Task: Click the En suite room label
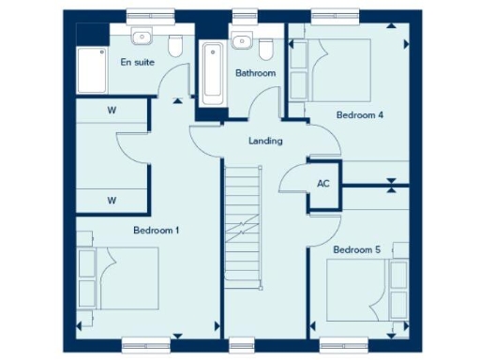pos(138,62)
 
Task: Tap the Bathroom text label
pos(255,72)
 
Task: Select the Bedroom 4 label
pos(360,115)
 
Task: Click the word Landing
pos(265,142)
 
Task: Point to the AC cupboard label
pos(324,184)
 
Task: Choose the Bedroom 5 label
pos(356,249)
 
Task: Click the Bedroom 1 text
pos(157,230)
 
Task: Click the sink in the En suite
pos(142,38)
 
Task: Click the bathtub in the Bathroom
pos(211,73)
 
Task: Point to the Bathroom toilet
pos(266,48)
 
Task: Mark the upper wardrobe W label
pos(112,111)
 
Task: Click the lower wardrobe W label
pos(112,200)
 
